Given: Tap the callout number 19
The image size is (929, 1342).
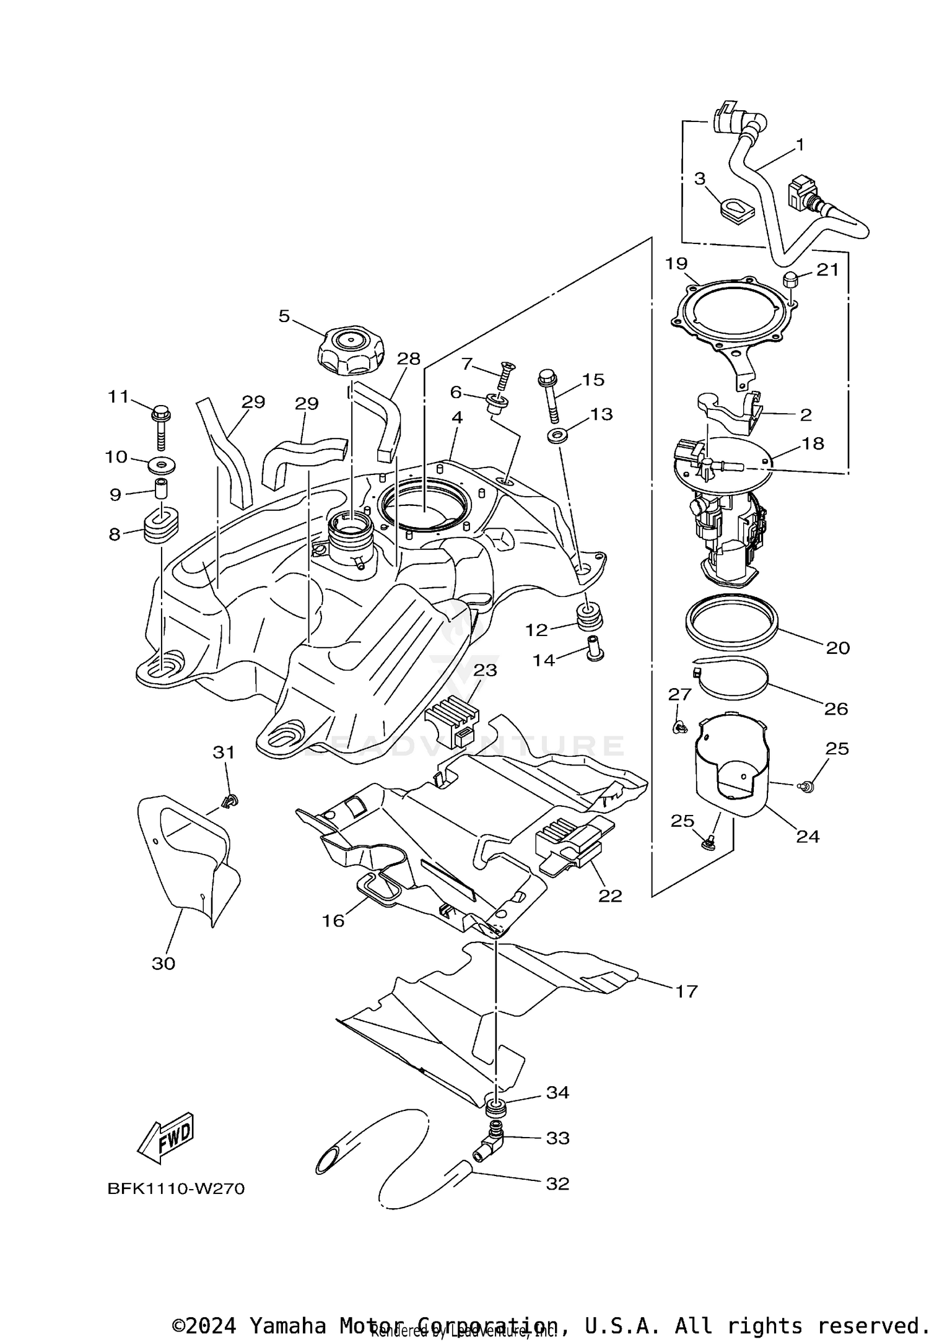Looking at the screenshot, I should [x=676, y=264].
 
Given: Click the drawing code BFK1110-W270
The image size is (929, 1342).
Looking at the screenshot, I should [x=176, y=1189].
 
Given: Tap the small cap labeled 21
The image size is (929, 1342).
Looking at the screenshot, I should [x=791, y=279].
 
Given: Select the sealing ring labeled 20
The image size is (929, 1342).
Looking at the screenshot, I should [x=731, y=624].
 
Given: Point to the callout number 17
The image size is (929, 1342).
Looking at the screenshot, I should [x=686, y=991].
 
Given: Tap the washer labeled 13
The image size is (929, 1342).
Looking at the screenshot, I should [x=559, y=436].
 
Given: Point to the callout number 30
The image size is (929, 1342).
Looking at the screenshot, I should [x=164, y=963].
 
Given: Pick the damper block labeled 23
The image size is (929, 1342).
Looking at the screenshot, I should [x=453, y=720].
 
